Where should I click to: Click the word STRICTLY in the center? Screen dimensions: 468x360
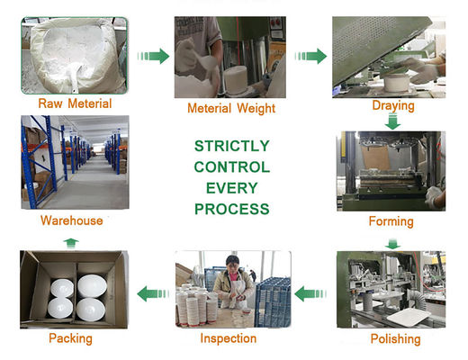232,146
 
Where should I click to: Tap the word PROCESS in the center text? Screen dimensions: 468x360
232,209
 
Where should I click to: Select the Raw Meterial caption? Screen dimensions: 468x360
75,103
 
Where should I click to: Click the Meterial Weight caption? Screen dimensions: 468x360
231,108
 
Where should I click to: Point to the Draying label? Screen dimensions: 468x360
393,106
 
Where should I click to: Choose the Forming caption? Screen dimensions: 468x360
391,221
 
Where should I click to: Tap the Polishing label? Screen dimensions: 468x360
395,339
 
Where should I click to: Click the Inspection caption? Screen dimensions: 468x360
229,338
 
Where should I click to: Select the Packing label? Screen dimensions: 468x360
70,338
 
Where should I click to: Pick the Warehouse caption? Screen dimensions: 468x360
72,220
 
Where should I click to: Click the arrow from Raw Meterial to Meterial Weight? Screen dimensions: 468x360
153,56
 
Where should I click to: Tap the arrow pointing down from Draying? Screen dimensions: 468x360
392,121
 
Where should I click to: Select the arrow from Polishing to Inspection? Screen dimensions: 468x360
310,293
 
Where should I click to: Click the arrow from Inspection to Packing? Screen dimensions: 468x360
153,293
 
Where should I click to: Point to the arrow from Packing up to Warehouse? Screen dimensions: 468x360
71,243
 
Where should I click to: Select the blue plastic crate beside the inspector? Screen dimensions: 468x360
273,302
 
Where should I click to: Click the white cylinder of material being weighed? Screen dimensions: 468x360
236,80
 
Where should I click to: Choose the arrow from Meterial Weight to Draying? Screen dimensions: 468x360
310,56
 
